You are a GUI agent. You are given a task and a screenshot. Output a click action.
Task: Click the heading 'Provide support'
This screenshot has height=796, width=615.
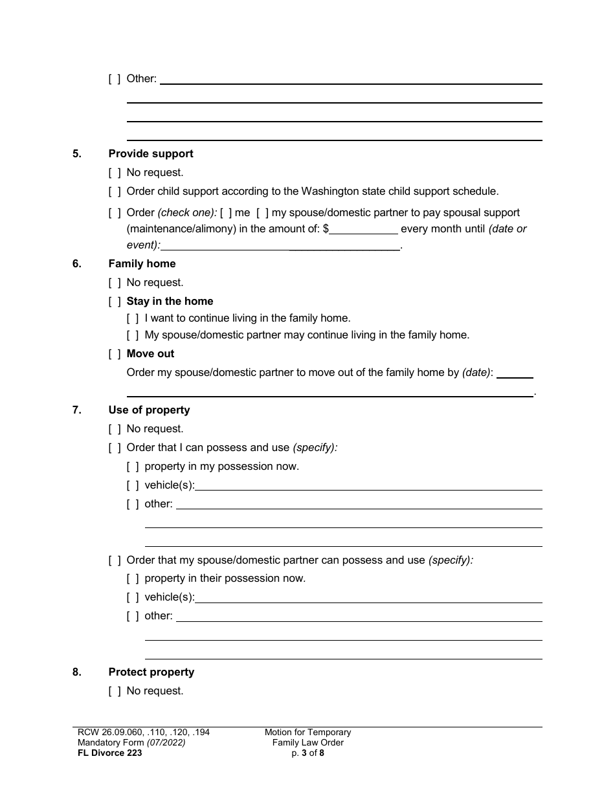coord(151,154)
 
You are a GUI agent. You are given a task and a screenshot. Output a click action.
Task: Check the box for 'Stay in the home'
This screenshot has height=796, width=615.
coord(115,302)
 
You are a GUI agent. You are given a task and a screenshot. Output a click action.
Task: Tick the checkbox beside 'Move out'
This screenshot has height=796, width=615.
coord(115,354)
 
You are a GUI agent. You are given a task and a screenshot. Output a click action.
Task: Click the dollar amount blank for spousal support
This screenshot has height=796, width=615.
coord(364,229)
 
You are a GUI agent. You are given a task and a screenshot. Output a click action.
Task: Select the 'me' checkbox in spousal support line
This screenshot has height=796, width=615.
coord(226,213)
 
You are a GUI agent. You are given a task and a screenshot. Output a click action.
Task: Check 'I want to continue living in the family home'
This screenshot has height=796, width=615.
coord(133,318)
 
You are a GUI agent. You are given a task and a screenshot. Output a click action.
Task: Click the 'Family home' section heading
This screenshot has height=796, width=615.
coord(142,264)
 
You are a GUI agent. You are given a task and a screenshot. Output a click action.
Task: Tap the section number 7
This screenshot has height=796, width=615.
coord(76,410)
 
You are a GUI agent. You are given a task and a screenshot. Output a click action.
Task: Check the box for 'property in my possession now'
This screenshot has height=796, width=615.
coord(133,467)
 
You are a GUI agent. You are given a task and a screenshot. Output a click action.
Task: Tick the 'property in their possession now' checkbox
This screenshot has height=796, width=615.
coord(133,579)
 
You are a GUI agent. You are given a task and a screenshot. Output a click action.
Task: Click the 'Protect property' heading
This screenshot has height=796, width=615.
coord(151,672)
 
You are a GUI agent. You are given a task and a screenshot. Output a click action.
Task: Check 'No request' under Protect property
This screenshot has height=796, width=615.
coord(115,691)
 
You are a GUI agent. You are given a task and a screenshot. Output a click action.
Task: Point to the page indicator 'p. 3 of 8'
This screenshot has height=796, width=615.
coord(307,753)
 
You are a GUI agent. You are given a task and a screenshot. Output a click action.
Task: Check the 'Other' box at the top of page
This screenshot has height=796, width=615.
coord(115,79)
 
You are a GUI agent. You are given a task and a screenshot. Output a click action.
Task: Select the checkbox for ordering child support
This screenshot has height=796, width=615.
coord(115,192)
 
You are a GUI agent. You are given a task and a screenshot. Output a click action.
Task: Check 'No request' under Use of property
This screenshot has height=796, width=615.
coord(115,429)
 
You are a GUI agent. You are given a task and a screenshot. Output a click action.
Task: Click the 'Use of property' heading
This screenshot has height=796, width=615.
coord(149,410)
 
